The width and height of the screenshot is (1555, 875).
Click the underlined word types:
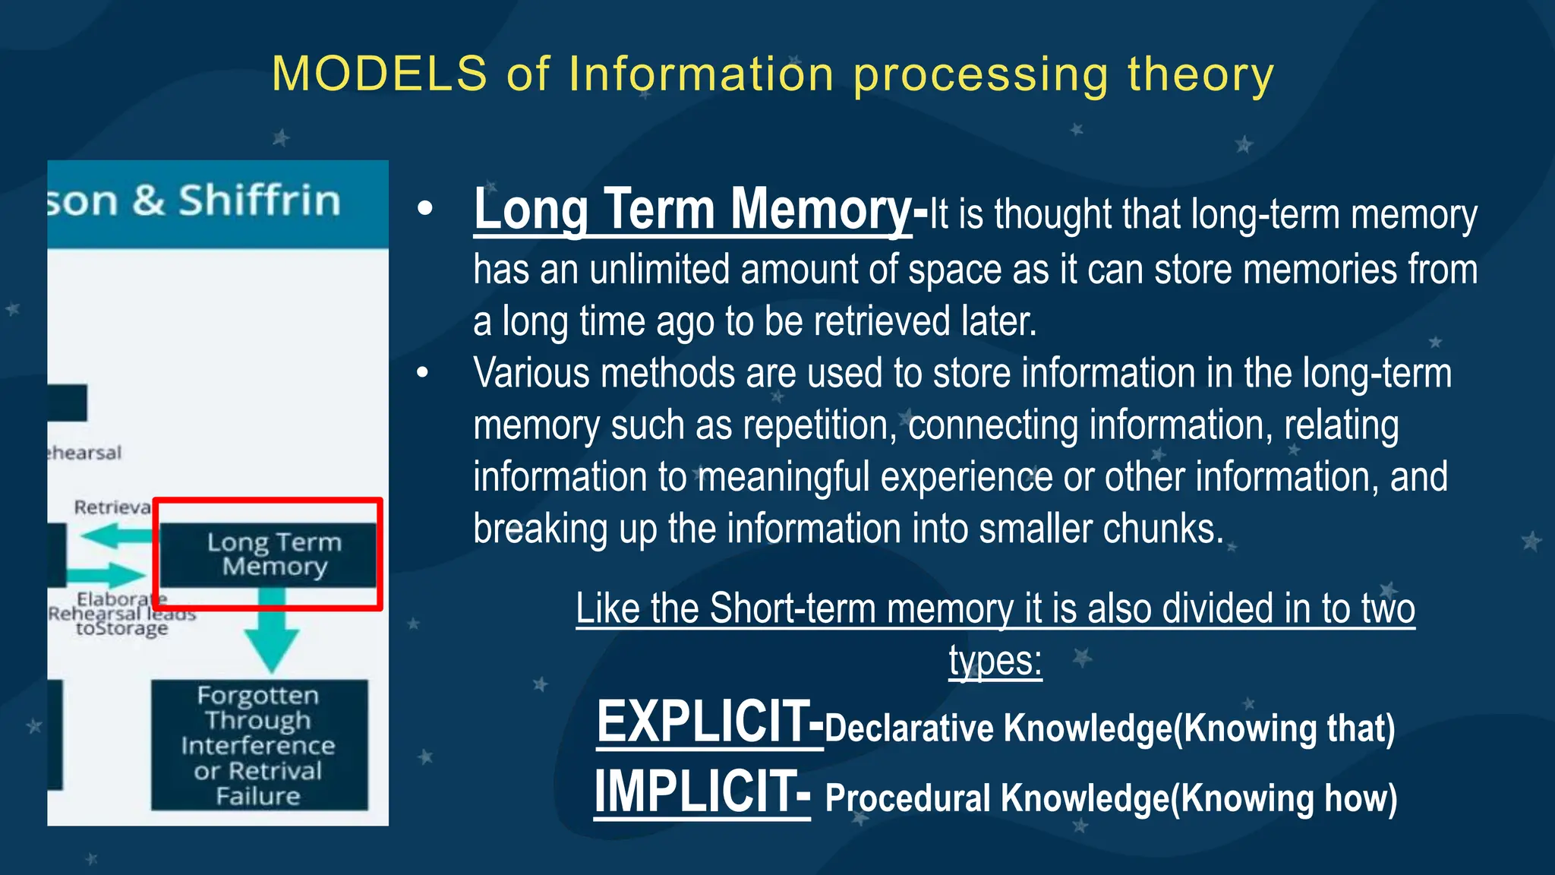[x=995, y=660]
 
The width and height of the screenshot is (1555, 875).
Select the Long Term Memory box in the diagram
[x=269, y=554]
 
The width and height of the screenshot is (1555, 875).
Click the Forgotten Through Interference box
[x=259, y=745]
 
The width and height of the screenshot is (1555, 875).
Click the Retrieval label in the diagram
[x=112, y=507]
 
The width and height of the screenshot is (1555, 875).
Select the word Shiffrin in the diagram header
[x=259, y=201]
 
